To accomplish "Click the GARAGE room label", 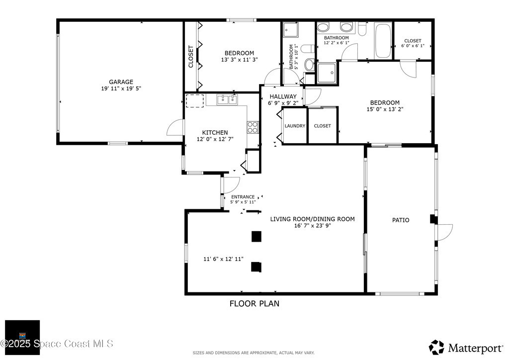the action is click(121, 82).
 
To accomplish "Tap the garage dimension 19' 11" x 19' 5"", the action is click(121, 89).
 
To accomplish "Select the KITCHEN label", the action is click(215, 132).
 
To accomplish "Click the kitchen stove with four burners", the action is click(253, 127).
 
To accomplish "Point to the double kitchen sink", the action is click(227, 99).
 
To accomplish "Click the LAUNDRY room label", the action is click(295, 126).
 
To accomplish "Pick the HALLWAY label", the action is click(283, 96).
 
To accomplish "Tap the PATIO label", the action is click(401, 220).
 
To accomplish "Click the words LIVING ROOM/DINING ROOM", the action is click(312, 219).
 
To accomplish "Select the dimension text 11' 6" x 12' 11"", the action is click(223, 259).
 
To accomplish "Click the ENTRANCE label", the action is click(243, 197).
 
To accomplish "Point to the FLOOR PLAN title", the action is click(254, 303).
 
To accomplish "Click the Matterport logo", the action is click(466, 348).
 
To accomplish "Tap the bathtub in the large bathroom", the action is click(383, 41).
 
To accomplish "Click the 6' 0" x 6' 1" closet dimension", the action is click(413, 46).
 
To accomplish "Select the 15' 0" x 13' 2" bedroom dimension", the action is click(385, 109).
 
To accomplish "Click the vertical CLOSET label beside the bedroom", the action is click(191, 57).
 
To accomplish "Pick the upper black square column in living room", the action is click(256, 236).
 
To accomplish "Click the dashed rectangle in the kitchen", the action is click(195, 101).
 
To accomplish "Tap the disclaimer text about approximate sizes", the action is click(254, 353).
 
